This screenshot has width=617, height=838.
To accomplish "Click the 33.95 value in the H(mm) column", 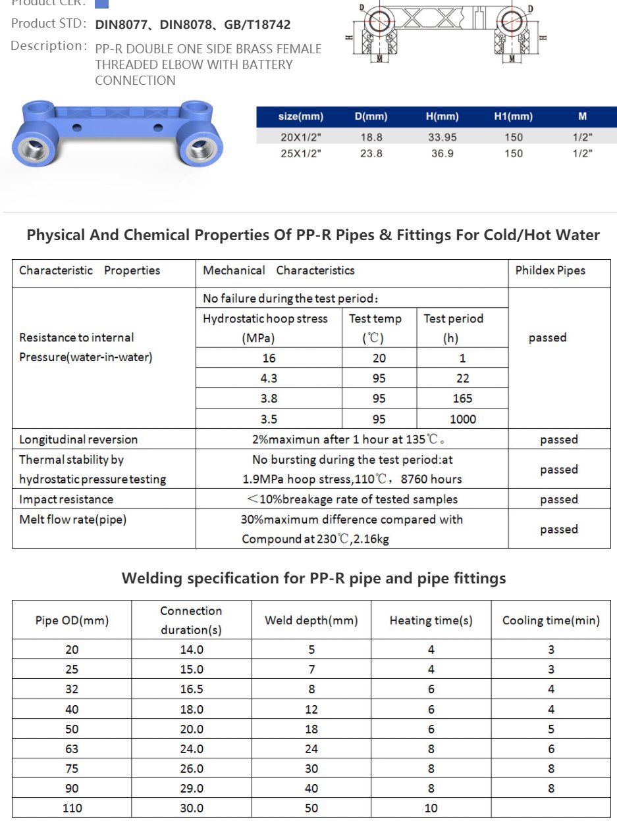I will (x=441, y=137).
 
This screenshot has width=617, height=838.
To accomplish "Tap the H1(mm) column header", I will (x=513, y=116).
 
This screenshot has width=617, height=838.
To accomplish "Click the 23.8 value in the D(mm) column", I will (x=371, y=153).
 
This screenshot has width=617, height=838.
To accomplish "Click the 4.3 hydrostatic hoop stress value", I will (x=269, y=378).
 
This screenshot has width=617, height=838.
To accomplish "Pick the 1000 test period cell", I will (x=462, y=419).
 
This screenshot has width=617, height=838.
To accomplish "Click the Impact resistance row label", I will (x=66, y=499).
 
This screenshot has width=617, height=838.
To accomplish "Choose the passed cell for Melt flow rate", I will (x=558, y=529).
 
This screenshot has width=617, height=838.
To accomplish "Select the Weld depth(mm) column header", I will (x=311, y=620).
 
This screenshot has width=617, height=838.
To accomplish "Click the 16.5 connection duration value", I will (x=192, y=689).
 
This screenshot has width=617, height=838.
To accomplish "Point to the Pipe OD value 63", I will (x=72, y=749).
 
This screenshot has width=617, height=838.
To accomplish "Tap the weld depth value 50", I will (x=311, y=808).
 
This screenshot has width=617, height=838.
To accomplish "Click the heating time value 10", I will (x=431, y=808).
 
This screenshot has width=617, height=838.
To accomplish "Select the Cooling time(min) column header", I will (x=550, y=620).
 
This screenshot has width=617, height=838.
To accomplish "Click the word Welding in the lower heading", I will (x=151, y=578).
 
